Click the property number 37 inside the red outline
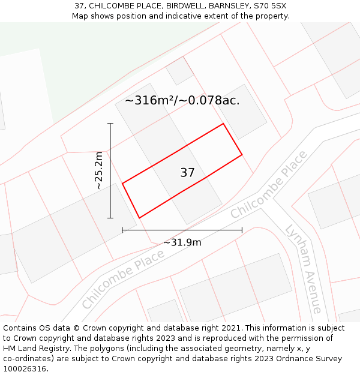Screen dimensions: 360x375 click(187, 173)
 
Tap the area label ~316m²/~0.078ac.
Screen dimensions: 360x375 click(182, 101)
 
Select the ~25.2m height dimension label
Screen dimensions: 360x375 click(99, 171)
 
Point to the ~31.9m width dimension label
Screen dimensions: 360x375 click(182, 242)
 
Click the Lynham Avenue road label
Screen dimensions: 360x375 click(304, 268)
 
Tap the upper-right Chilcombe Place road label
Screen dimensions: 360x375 click(268, 185)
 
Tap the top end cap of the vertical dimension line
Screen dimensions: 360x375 click(110, 124)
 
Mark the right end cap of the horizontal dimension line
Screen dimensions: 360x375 click(242, 230)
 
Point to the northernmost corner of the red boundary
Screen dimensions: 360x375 click(223, 124)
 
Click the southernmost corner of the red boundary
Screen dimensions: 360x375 click(139, 218)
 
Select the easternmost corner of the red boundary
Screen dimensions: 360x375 click(242, 155)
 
